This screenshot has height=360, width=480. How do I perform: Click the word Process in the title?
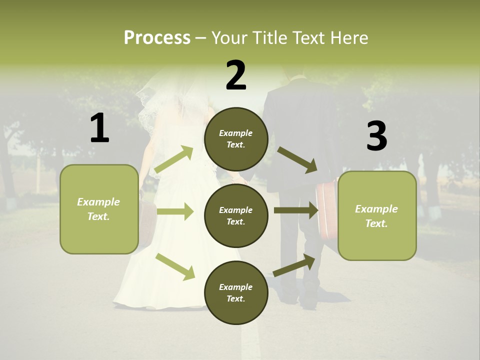pyautogui.click(x=157, y=38)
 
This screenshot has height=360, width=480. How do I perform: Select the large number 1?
pyautogui.click(x=99, y=128)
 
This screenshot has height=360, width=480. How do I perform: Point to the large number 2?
pyautogui.click(x=236, y=75)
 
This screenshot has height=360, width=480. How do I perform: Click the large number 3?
pyautogui.click(x=376, y=136)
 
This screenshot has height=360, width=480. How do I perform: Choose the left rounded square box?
pyautogui.click(x=99, y=209)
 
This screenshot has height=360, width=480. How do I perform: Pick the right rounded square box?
pyautogui.click(x=377, y=215)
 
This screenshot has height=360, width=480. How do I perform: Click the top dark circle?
pyautogui.click(x=236, y=139)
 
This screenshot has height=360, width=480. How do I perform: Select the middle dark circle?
pyautogui.click(x=236, y=215)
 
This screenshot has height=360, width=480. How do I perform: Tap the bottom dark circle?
pyautogui.click(x=236, y=292)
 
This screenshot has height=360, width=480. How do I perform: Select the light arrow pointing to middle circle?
pyautogui.click(x=175, y=211)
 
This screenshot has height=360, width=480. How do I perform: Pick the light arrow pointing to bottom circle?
pyautogui.click(x=175, y=266)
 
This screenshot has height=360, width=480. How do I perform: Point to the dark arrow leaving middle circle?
pyautogui.click(x=296, y=210)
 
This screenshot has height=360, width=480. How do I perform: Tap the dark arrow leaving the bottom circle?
pyautogui.click(x=294, y=265)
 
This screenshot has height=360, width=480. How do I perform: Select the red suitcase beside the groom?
pyautogui.click(x=326, y=210)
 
